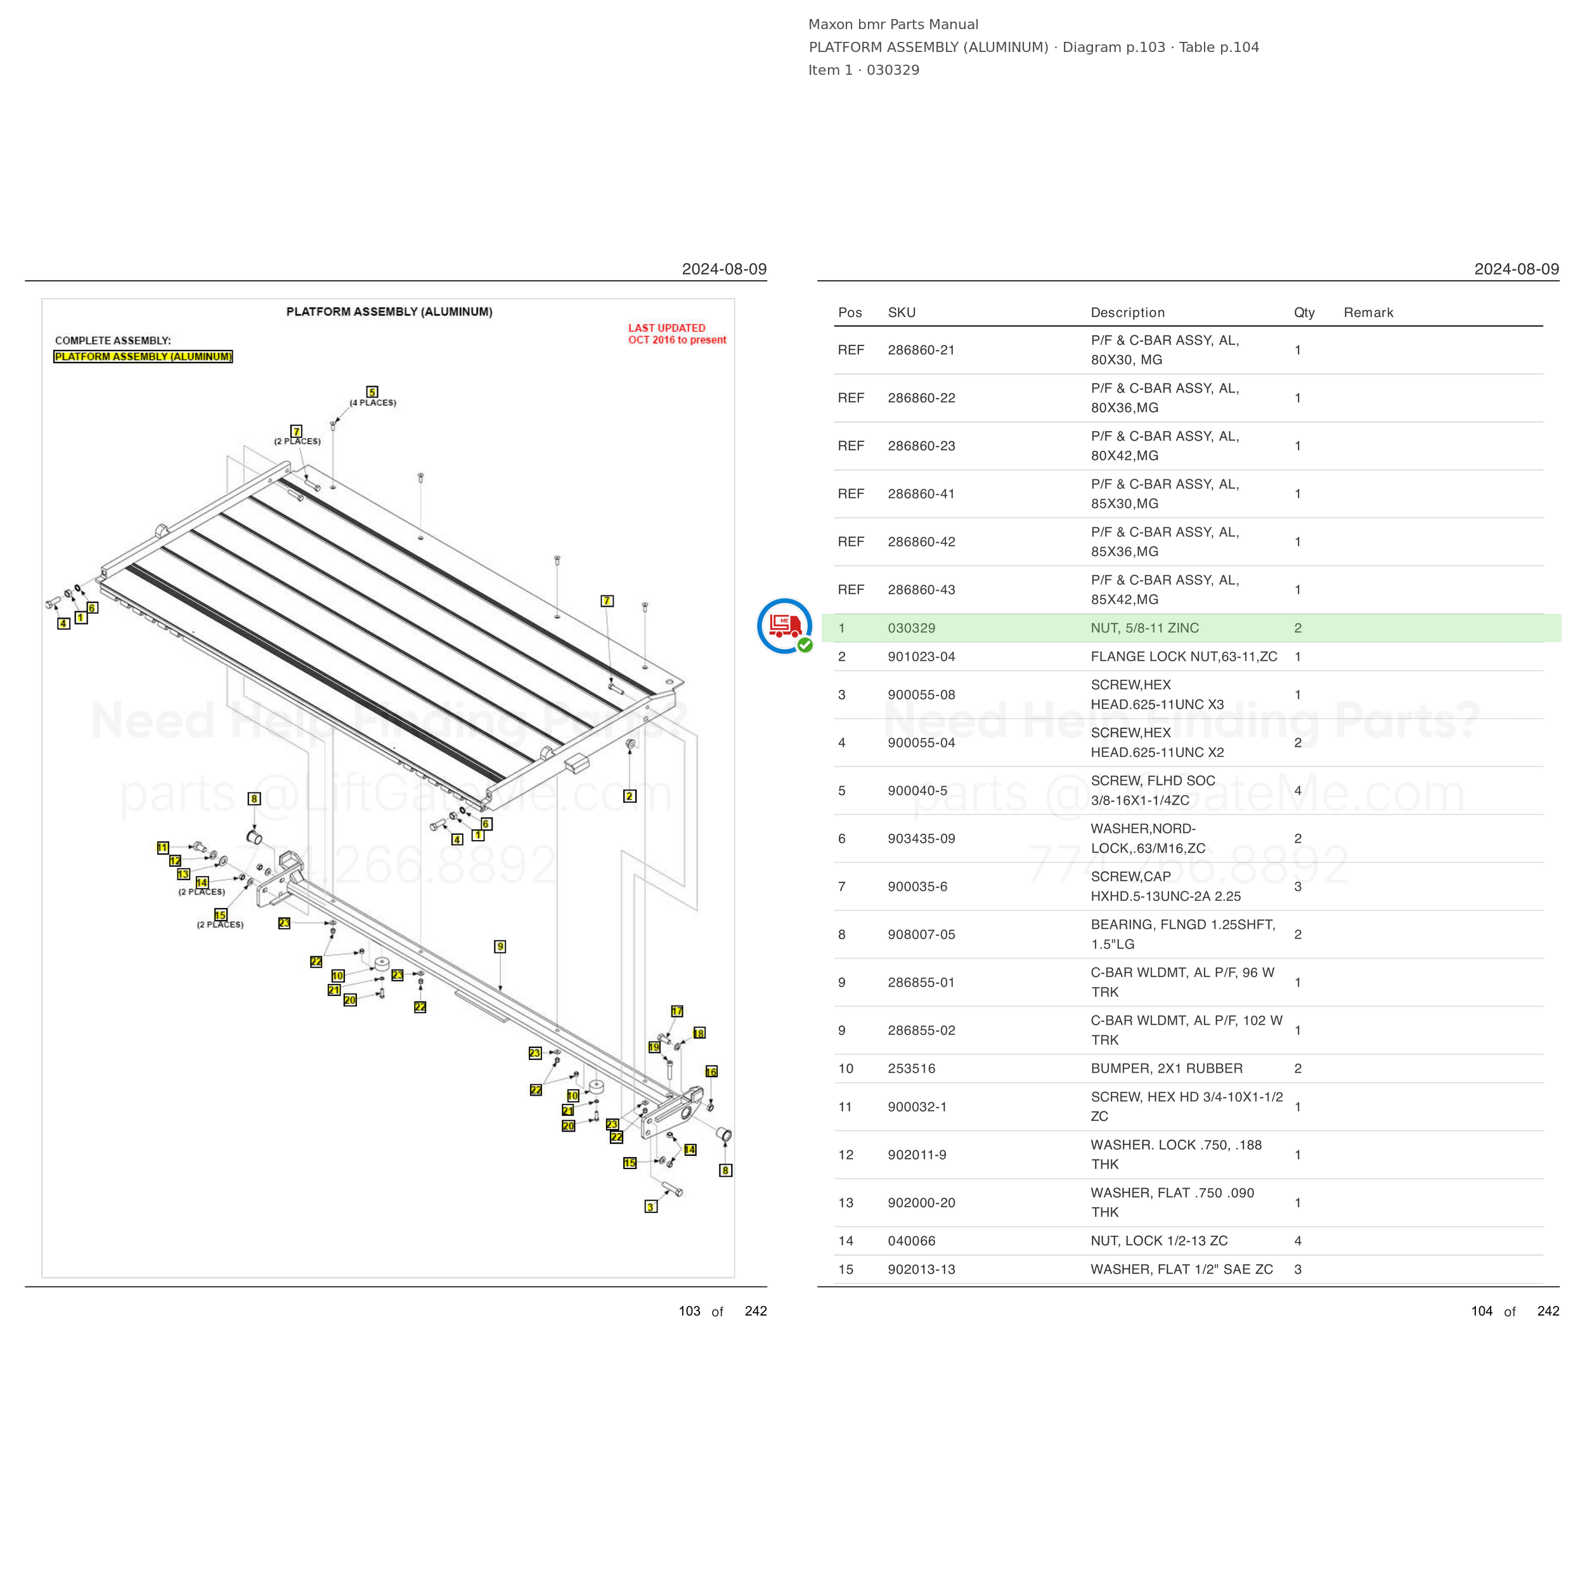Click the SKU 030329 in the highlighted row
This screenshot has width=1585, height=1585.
910,628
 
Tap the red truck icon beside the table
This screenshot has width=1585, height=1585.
785,626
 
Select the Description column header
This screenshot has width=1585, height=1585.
1127,313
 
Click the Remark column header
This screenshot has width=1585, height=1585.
1368,313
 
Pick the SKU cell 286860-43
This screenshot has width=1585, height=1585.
921,590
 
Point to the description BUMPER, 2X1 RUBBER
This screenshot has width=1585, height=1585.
1167,1068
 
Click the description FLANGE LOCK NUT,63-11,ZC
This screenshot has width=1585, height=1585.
1184,656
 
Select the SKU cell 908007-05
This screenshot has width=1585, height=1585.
921,935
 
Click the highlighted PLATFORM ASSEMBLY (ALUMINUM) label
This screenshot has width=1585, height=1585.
143,357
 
